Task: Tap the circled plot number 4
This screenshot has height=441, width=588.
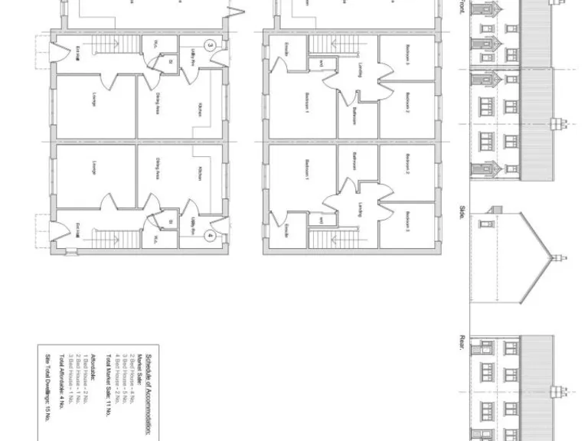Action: point(210,237)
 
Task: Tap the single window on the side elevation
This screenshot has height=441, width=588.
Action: point(485,224)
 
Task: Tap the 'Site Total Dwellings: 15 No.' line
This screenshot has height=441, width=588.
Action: point(47,388)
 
